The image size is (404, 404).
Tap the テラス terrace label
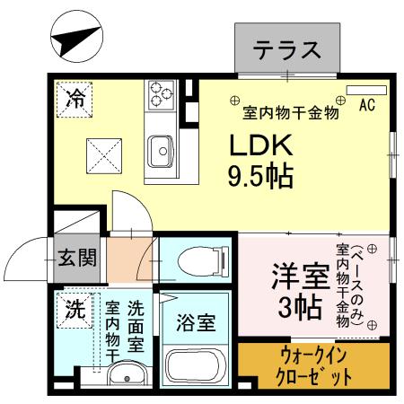[286, 49]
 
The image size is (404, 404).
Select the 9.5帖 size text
[261, 174]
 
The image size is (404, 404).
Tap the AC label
[366, 106]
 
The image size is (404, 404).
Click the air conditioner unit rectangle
[364, 90]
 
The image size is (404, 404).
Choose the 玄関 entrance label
[78, 259]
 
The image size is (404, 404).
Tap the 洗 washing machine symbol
[75, 310]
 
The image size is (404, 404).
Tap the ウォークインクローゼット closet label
[313, 366]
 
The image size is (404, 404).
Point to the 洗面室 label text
[136, 323]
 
